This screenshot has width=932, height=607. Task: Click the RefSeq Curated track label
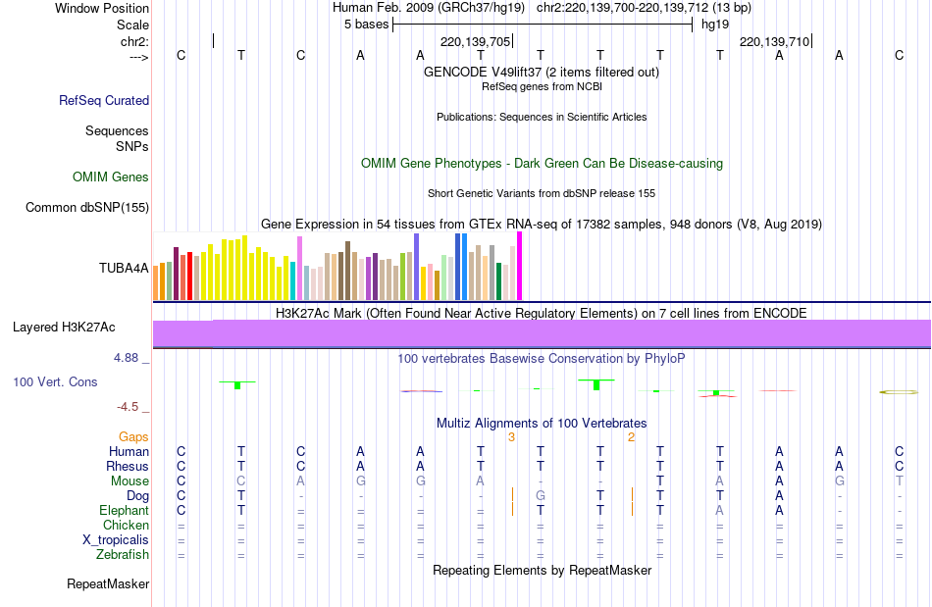coord(104,100)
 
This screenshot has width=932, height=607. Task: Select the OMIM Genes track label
coord(111,177)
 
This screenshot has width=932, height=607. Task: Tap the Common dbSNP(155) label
coord(87,207)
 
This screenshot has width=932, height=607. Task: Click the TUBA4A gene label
coord(124,267)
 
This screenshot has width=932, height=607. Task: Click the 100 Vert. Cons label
coord(56,381)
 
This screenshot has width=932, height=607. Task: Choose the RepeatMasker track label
coord(108,584)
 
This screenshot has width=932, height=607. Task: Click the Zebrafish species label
coord(123,555)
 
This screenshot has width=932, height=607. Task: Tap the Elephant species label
coord(124,511)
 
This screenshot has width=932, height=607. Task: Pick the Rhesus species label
coord(129,467)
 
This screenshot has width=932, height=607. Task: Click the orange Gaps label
coord(134,436)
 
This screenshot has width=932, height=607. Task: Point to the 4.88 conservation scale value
coord(127,358)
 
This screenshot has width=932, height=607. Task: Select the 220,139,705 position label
coord(475,41)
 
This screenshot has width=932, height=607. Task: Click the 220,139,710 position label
coord(774,41)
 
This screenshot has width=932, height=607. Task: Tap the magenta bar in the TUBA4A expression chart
coord(519,266)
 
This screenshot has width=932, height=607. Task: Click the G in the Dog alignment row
coord(541,496)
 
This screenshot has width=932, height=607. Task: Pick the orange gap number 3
coord(511,437)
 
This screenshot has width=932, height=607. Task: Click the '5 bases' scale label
coord(366,24)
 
